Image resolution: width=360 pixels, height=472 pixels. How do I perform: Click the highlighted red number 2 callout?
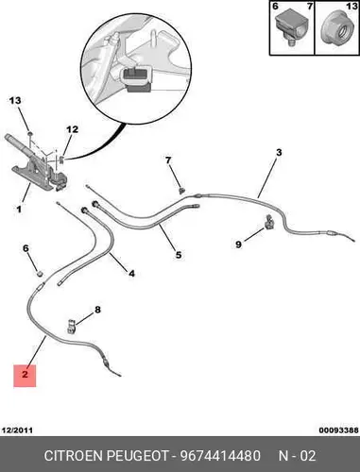(x=25, y=376)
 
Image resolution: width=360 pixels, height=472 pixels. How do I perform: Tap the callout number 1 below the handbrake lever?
(x=19, y=209)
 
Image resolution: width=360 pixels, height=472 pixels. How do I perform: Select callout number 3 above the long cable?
(x=279, y=153)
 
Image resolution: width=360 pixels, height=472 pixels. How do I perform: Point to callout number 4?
(x=131, y=273)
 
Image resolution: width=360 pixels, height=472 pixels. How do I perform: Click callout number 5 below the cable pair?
(x=179, y=255)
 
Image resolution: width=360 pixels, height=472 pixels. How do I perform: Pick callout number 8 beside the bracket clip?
(x=98, y=310)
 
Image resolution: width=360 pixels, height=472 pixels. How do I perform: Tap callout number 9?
(x=238, y=244)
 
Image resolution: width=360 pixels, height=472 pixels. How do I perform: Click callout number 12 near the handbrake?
(x=72, y=129)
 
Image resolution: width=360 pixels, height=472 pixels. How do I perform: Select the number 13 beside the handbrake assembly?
(x=15, y=101)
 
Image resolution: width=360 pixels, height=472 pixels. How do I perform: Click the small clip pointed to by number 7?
(x=181, y=190)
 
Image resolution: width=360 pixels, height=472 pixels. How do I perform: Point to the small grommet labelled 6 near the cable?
(x=40, y=273)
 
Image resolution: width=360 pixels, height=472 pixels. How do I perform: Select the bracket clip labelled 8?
(x=71, y=326)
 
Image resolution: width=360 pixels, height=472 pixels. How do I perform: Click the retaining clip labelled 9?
(x=269, y=221)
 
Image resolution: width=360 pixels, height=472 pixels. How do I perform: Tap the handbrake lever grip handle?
(x=18, y=144)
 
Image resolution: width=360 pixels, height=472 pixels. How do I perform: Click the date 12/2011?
(x=17, y=430)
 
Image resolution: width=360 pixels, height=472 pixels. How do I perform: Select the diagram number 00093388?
(x=338, y=430)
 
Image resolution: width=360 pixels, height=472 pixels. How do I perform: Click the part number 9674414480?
(x=220, y=455)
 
